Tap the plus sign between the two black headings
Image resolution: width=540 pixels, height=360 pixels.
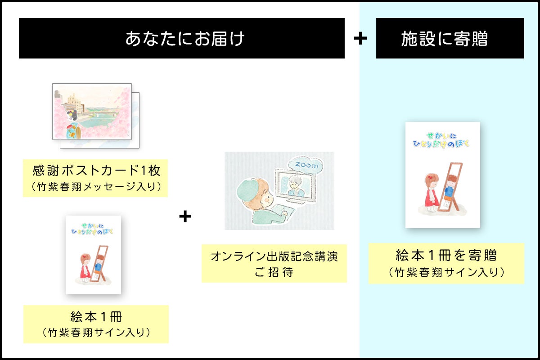click(x=360, y=39)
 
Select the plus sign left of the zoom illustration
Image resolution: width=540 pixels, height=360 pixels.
click(x=185, y=216)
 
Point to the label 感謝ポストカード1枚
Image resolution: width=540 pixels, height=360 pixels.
click(x=96, y=171)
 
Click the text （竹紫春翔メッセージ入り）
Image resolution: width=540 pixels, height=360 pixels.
click(x=96, y=186)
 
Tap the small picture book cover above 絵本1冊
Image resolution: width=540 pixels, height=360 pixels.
click(x=93, y=255)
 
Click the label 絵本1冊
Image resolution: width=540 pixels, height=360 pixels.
click(x=96, y=316)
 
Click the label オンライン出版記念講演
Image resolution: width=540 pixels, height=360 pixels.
click(x=274, y=257)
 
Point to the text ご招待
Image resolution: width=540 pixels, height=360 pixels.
click(x=274, y=272)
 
